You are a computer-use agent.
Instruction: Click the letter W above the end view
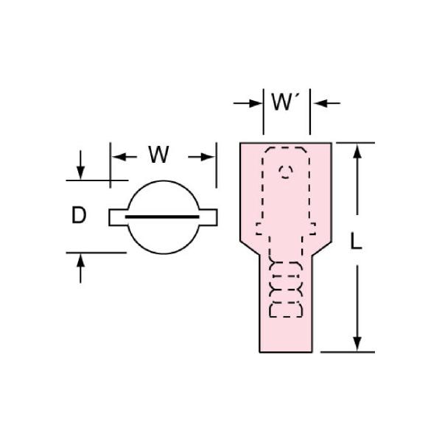158,155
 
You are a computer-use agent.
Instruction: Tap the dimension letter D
79,215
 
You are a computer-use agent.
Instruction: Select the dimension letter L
356,242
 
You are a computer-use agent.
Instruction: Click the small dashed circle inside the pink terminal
286,172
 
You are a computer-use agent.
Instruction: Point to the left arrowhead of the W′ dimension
256,103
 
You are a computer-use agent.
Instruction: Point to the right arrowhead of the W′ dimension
320,103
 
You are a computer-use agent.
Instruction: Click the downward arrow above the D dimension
80,165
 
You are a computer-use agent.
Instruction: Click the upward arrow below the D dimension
80,268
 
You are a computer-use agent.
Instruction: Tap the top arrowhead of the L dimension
357,150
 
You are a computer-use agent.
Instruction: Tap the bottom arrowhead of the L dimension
357,344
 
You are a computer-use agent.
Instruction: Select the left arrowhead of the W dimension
119,157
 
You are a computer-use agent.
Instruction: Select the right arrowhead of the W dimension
208,157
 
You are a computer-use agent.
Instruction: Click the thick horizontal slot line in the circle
162,217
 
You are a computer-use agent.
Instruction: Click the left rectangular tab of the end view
119,217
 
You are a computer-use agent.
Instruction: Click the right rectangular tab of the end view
208,217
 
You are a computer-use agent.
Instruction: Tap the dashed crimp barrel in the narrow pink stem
286,290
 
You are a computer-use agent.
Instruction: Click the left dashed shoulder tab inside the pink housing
259,228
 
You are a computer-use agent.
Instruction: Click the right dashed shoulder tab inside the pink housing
312,228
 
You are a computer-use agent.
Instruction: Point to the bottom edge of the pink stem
286,352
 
